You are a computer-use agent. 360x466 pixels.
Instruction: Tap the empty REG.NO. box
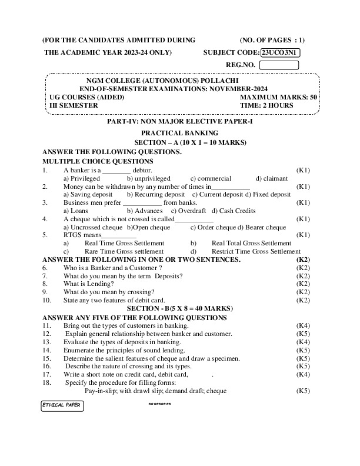coord(278,65)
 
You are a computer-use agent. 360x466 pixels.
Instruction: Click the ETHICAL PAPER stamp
coord(62,405)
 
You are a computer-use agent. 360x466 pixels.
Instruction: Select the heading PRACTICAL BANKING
coord(179,133)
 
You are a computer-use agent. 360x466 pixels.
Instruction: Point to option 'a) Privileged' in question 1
coord(82,178)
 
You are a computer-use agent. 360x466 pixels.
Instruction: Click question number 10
coord(47,300)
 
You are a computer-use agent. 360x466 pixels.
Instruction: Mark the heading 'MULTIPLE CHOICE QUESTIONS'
coord(98,161)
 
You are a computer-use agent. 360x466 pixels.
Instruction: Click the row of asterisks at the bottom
coord(159,405)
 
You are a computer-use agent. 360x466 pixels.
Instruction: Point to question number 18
coord(47,382)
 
